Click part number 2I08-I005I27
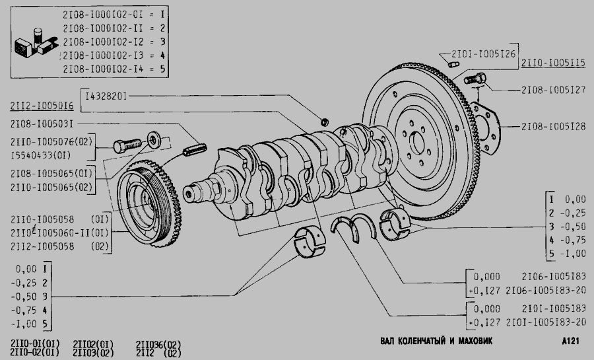pos(553,90)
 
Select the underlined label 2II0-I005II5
pos(553,63)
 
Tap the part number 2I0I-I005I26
pos(483,54)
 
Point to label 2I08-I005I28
pos(553,127)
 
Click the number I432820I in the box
pos(106,96)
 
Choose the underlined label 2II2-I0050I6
pos(42,106)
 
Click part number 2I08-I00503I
pos(42,124)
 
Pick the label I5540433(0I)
pos(40,155)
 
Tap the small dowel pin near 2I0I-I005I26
pos(453,65)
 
